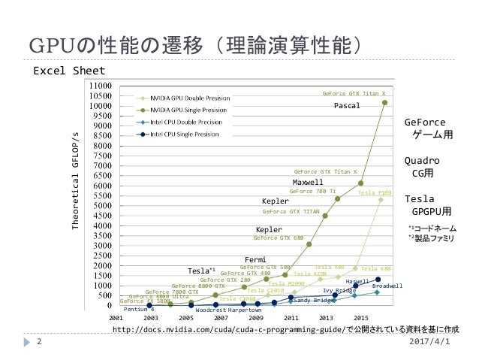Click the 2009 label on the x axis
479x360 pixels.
coord(256,319)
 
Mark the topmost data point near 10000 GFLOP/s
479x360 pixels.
coord(385,103)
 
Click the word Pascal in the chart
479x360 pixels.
coord(348,106)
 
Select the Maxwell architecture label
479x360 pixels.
coord(307,182)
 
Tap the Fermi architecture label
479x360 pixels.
coord(256,259)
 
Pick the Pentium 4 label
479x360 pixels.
coord(139,309)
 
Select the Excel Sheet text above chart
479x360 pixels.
coord(68,72)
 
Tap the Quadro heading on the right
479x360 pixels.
coord(423,161)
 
